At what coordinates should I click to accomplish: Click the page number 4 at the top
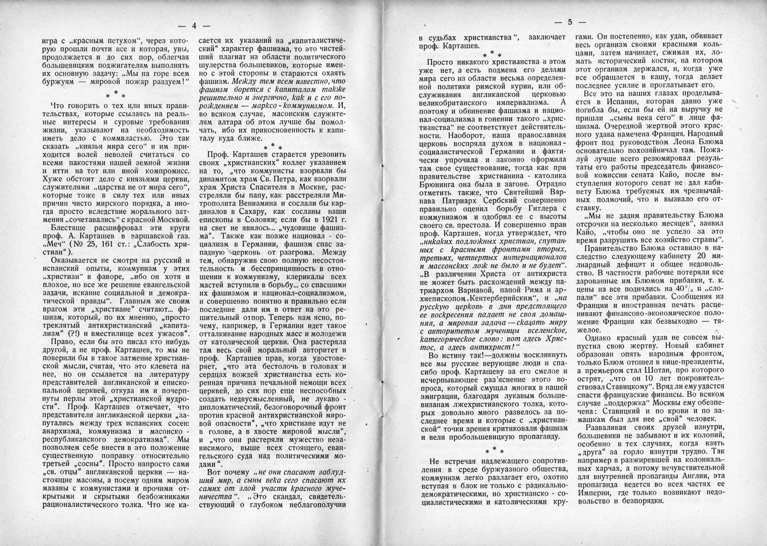click(x=194, y=26)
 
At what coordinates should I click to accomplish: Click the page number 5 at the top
click(x=570, y=22)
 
